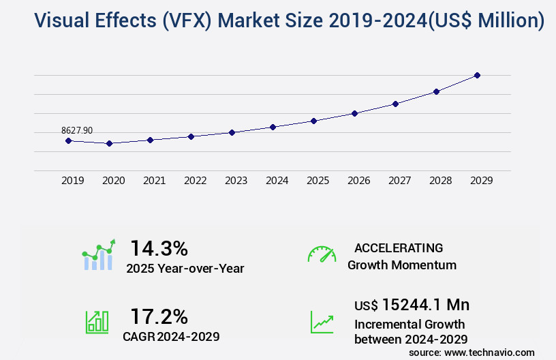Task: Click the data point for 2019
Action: pyautogui.click(x=68, y=140)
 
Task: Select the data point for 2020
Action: pyautogui.click(x=109, y=144)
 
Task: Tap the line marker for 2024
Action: pyautogui.click(x=273, y=127)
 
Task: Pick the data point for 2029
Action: pyautogui.click(x=477, y=75)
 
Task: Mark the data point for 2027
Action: pyautogui.click(x=395, y=104)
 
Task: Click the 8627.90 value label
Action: pyautogui.click(x=77, y=130)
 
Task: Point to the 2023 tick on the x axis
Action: pyautogui.click(x=236, y=181)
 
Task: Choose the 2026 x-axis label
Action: pyautogui.click(x=358, y=181)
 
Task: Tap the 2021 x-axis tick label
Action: pyautogui.click(x=154, y=181)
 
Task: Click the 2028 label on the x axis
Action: pyautogui.click(x=440, y=181)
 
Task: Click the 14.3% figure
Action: pyautogui.click(x=159, y=247)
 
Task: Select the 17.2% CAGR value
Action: pyautogui.click(x=159, y=316)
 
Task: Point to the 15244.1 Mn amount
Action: pyautogui.click(x=425, y=304)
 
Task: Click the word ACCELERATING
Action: pyautogui.click(x=399, y=248)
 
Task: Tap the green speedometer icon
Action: pyautogui.click(x=322, y=254)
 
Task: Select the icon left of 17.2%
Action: pyautogui.click(x=97, y=322)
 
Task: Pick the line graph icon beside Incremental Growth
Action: pyautogui.click(x=322, y=322)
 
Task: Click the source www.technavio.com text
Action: pyautogui.click(x=472, y=352)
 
